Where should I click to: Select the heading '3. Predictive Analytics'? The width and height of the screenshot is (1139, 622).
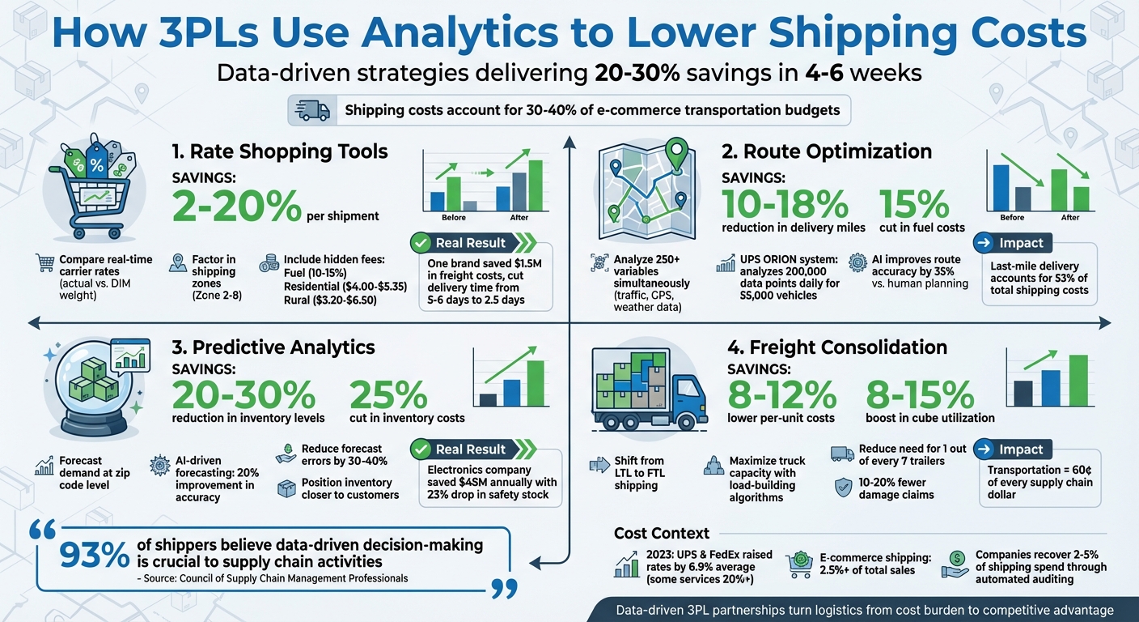coord(273,347)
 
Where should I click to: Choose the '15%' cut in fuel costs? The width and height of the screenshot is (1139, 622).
coord(913,204)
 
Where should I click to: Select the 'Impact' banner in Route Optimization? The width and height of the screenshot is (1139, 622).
coord(1022,243)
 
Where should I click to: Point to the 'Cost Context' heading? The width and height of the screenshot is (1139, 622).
coord(662,533)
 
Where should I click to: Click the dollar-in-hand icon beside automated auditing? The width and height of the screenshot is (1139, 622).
coord(956,564)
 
